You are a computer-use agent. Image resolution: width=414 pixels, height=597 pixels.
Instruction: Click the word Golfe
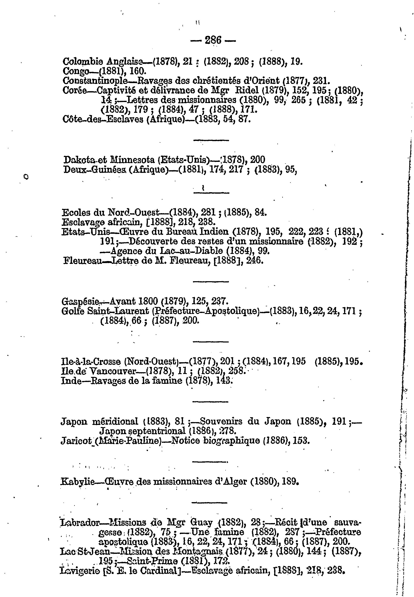point(73,311)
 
